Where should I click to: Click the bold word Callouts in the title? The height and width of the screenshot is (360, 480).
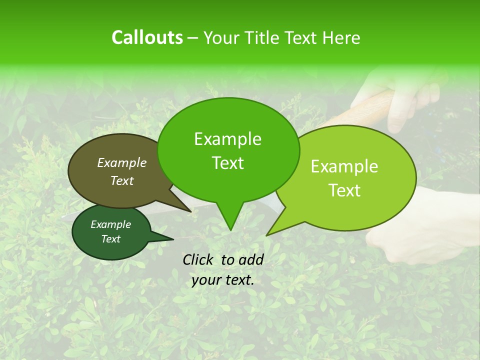click(147, 37)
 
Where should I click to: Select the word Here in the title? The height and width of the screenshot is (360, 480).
click(342, 37)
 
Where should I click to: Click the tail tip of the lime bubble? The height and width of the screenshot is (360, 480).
click(267, 235)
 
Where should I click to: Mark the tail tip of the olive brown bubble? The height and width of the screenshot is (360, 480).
click(190, 211)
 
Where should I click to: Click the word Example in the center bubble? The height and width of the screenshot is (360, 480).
click(227, 139)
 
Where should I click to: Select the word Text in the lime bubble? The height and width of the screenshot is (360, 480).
click(345, 190)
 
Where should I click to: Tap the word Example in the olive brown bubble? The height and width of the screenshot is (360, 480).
click(122, 162)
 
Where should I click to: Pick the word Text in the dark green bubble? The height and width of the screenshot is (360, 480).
click(111, 239)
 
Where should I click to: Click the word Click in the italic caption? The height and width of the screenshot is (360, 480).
click(198, 259)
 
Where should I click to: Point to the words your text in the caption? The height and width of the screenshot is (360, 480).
click(223, 280)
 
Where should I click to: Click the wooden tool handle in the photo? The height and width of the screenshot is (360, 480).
click(370, 105)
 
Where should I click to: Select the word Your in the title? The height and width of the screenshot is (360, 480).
click(221, 37)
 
